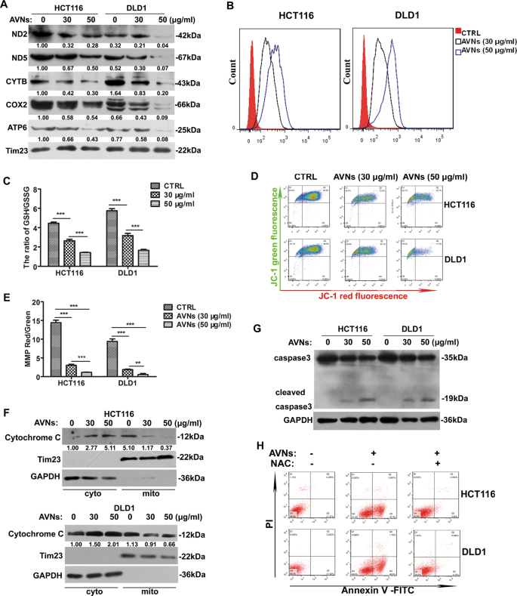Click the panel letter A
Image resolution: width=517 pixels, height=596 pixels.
pyautogui.click(x=5, y=6)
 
